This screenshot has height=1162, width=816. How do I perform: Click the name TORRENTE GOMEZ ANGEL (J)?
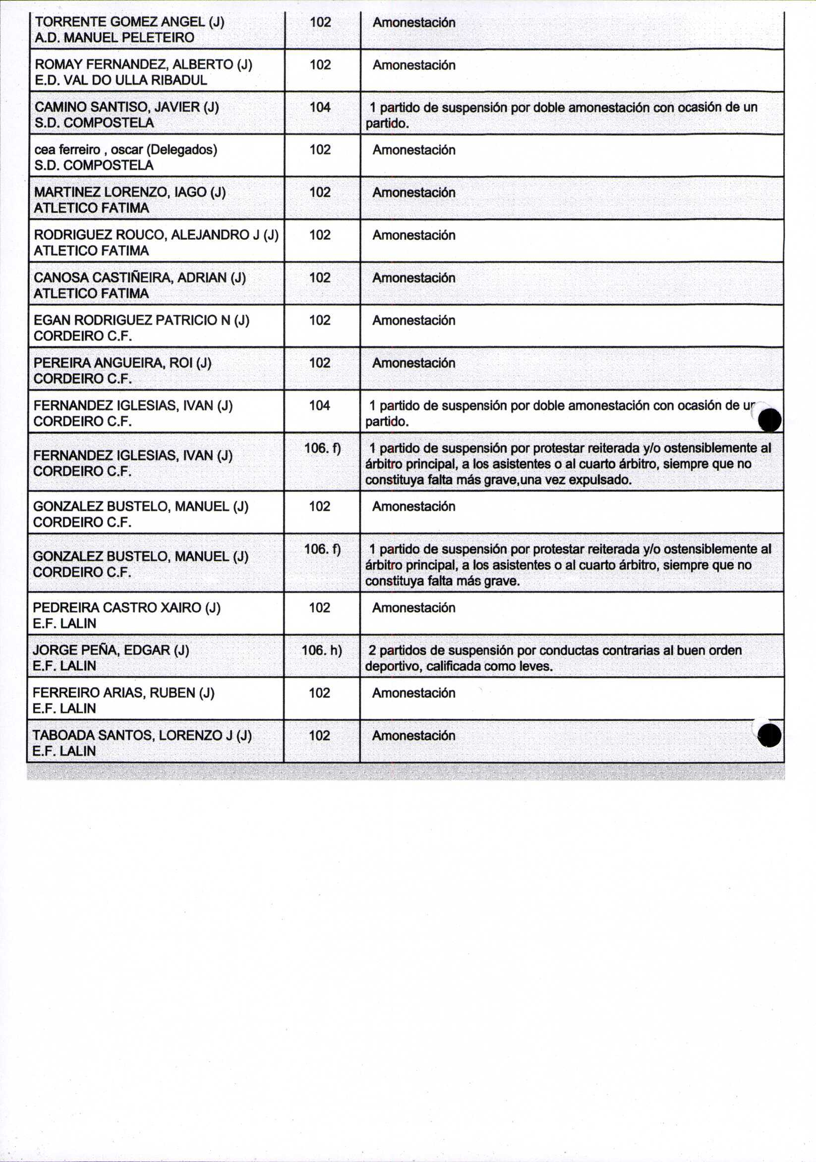[x=129, y=22]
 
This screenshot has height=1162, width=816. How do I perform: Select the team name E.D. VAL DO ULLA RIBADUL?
[x=120, y=80]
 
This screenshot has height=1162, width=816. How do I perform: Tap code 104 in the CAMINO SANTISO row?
[x=320, y=107]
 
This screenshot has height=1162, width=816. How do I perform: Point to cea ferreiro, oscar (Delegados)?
[x=125, y=150]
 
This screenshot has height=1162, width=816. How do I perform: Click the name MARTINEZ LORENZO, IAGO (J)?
[x=129, y=192]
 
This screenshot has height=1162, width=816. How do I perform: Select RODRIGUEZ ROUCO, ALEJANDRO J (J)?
[x=156, y=235]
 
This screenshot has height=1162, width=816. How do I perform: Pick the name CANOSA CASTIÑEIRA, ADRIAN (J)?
[x=139, y=278]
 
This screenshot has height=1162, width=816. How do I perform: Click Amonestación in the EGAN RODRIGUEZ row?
[x=413, y=320]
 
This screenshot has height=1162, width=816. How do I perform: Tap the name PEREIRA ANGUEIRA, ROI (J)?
[x=122, y=363]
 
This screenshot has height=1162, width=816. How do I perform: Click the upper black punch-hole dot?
[x=770, y=420]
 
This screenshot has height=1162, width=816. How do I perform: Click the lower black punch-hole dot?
[x=770, y=735]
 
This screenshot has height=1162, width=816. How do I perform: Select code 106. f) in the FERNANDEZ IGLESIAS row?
[x=322, y=449]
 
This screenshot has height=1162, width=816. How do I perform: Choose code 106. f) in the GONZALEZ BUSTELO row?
[x=322, y=549]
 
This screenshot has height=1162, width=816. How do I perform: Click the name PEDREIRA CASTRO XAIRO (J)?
[x=126, y=607]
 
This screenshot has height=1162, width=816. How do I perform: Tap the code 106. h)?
[x=321, y=650]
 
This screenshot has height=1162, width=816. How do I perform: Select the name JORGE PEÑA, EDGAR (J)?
[x=111, y=650]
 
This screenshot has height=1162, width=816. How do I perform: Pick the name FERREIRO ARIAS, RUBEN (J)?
[x=123, y=693]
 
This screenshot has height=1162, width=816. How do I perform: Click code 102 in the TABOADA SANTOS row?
[x=319, y=735]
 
